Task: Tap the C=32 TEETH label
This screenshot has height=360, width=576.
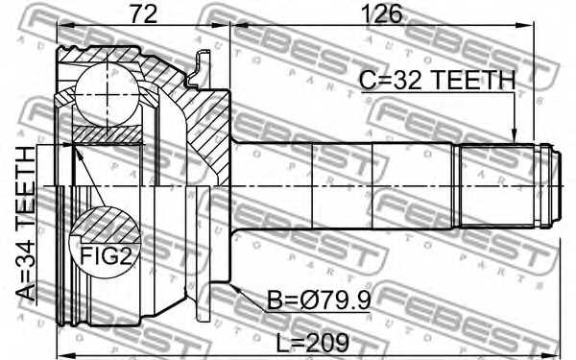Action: click(x=437, y=80)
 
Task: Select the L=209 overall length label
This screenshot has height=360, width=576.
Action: click(x=310, y=341)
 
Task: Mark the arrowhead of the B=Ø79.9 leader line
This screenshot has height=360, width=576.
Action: click(x=231, y=282)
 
